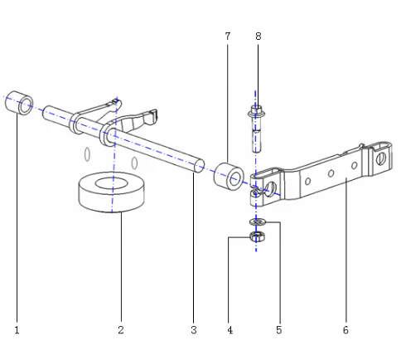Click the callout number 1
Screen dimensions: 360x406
pos(17,330)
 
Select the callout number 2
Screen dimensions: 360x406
pos(121,330)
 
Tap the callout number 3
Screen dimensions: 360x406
pos(194,330)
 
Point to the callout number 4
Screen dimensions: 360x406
pos(230,330)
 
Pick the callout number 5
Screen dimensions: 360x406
pos(279,330)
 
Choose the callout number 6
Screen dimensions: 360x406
pos(346,330)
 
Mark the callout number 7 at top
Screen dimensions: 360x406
pos(227,37)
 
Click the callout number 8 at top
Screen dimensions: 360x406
pos(257,37)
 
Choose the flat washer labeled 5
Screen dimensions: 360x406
pos(256,221)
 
